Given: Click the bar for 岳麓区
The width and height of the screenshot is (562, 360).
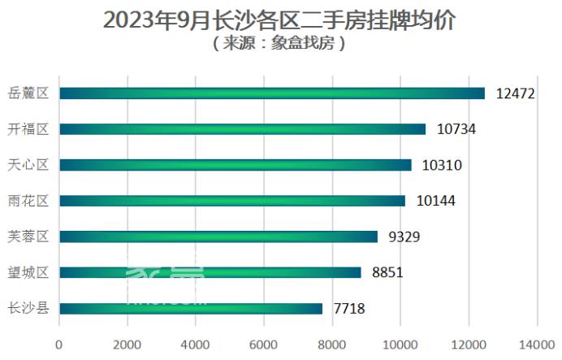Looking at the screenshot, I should [272, 93].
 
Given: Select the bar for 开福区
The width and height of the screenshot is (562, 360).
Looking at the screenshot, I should [242, 129].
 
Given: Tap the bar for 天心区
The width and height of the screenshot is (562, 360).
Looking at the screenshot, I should [236, 165].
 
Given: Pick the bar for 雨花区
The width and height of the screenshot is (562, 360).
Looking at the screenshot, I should [232, 201].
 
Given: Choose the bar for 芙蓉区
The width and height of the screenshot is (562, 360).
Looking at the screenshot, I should [218, 236].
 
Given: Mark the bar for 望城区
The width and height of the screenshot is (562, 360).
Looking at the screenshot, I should [210, 272].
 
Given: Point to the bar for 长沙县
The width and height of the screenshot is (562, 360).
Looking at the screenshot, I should [191, 308].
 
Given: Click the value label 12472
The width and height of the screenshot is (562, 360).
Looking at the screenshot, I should [515, 93].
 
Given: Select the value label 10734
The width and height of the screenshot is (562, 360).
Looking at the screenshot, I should [456, 129].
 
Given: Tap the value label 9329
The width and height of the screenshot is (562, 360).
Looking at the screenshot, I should [404, 236].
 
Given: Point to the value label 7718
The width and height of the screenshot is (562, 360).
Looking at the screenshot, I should [350, 308].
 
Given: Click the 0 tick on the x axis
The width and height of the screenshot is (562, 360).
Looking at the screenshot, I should [58, 345].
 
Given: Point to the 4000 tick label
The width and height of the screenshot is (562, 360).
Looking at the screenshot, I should [195, 345].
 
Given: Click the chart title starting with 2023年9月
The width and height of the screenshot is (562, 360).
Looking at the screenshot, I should [280, 20].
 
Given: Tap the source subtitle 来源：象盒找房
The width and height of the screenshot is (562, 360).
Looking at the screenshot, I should [280, 44].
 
